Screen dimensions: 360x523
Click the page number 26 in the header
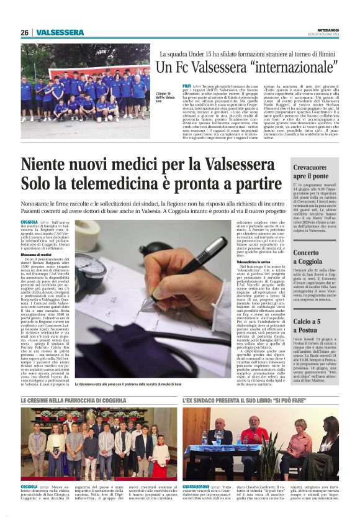pyautogui.click(x=24, y=32)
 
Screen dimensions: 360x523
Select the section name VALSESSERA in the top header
pyautogui.click(x=60, y=32)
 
